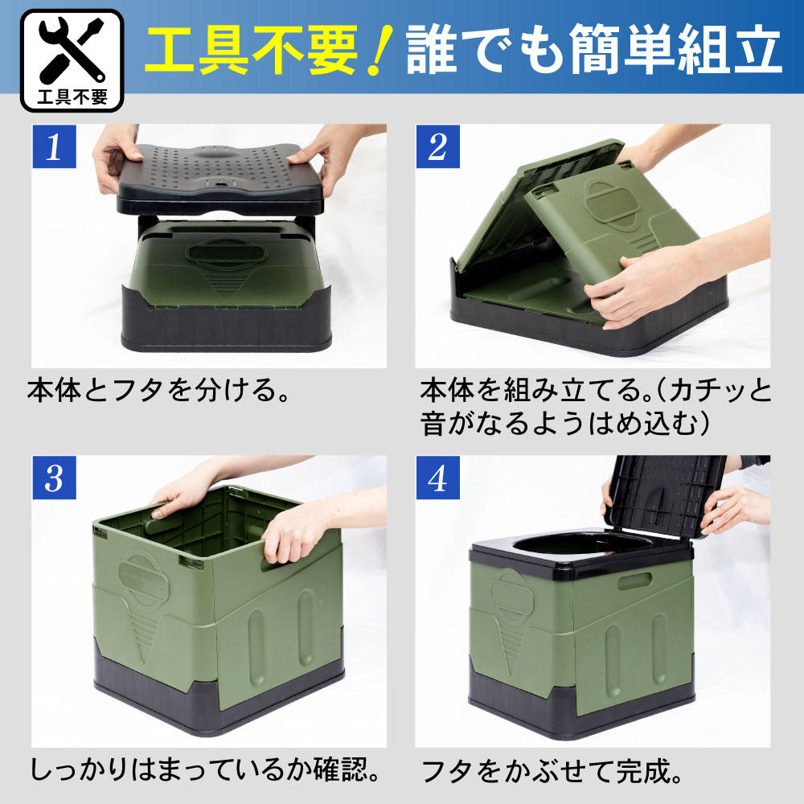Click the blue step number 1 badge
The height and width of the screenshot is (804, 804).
point(55,146)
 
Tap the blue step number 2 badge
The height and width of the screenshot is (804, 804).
point(437,146)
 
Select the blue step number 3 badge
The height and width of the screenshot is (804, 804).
point(55,478)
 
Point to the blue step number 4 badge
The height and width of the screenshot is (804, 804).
point(437,478)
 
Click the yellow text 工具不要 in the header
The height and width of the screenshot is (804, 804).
point(251,50)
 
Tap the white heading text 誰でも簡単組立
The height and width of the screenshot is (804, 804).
point(594,50)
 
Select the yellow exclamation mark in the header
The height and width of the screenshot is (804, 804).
point(381,50)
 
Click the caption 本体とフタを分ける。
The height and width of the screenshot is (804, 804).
point(158,390)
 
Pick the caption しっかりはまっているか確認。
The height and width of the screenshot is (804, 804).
point(204,769)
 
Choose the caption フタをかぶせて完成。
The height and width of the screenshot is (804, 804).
point(552,771)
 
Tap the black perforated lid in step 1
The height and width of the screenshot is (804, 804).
point(220,179)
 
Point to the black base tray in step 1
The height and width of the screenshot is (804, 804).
point(226,321)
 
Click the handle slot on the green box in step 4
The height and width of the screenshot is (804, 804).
point(635,581)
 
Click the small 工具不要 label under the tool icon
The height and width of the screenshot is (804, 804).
point(72,96)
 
